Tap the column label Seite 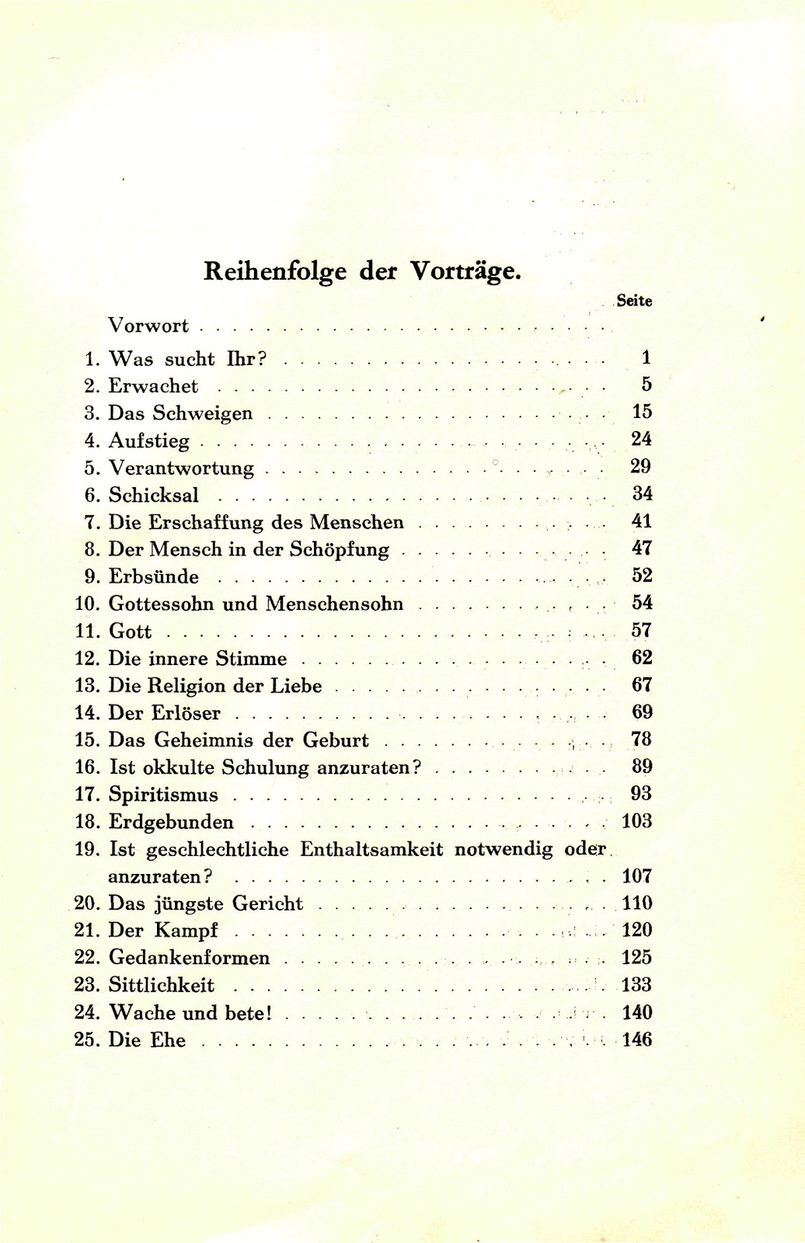tap(634, 301)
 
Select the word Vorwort tap(148, 326)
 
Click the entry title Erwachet tap(153, 386)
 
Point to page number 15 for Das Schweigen tap(641, 412)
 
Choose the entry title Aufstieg tap(148, 441)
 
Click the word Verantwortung tap(181, 468)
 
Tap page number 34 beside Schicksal tap(641, 494)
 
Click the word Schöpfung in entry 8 tap(339, 549)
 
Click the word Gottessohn tap(161, 604)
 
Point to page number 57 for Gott tap(641, 630)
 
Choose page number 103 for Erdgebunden tap(637, 821)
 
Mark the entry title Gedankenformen tap(189, 958)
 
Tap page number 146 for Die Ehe tap(637, 1039)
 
